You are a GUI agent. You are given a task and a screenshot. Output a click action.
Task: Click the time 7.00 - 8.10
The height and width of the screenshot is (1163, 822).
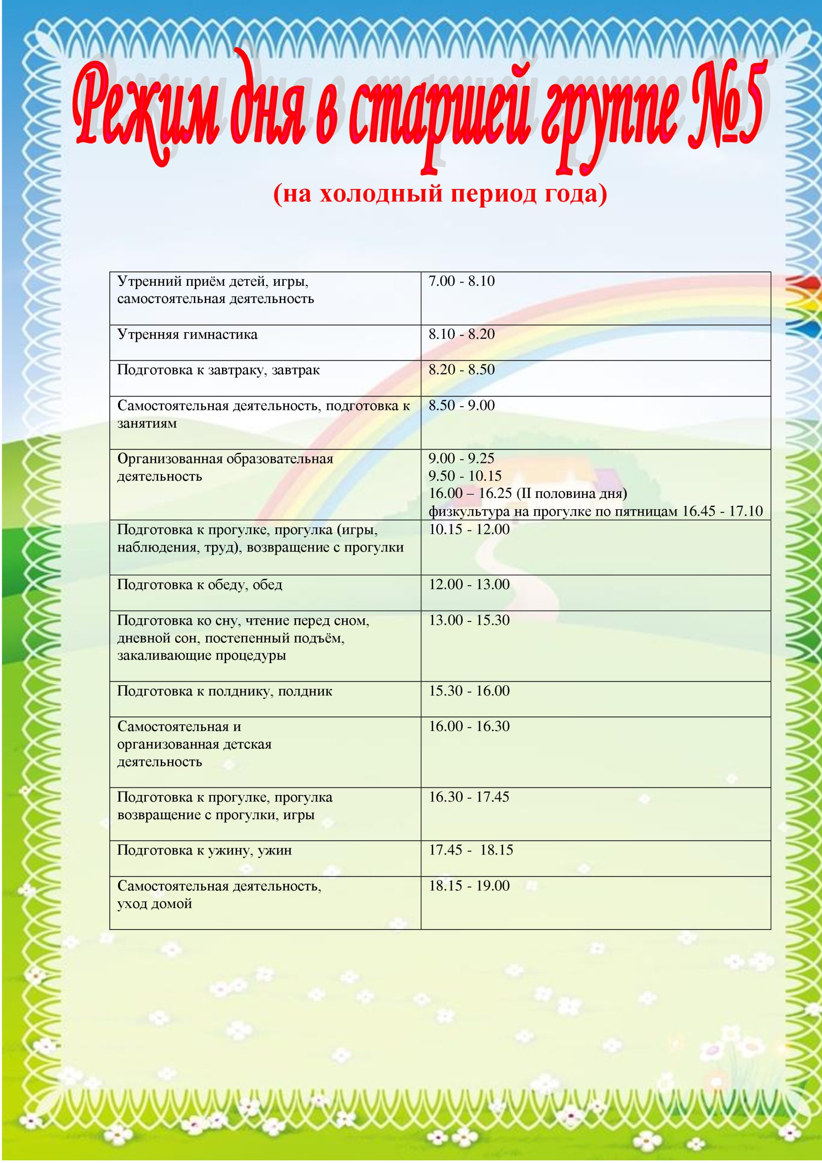(461, 281)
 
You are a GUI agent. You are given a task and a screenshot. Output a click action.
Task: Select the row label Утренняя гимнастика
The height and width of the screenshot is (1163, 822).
(188, 334)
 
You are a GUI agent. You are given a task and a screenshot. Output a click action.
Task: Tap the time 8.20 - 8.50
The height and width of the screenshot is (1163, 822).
(461, 370)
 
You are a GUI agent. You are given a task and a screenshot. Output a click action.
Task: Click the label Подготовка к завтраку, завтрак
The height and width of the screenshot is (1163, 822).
(218, 370)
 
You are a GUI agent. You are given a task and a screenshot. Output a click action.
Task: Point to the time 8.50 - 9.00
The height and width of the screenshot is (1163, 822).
(461, 405)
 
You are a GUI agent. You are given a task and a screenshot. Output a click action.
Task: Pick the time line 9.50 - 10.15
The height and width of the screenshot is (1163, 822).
(465, 476)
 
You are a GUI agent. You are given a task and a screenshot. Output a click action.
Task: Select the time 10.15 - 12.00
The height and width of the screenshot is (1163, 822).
(469, 530)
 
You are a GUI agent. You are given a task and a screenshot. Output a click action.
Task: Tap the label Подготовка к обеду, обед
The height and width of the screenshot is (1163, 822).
(199, 585)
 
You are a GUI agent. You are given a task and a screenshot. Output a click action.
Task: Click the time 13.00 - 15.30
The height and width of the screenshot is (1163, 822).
(469, 621)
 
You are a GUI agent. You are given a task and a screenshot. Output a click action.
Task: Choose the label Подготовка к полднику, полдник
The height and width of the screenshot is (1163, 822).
(225, 691)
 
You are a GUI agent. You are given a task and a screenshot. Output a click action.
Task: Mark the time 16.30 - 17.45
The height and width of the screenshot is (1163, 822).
(469, 797)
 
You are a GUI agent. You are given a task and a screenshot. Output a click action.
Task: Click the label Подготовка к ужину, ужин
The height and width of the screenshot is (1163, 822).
(205, 850)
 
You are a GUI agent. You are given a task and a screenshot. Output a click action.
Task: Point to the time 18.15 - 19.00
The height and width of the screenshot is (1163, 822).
(469, 886)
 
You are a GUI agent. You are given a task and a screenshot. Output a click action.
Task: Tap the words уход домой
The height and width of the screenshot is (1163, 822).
(154, 904)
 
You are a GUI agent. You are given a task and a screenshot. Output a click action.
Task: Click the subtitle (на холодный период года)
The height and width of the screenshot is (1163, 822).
(440, 194)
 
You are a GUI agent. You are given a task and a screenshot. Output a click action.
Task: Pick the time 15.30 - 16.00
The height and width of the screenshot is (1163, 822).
(469, 691)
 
